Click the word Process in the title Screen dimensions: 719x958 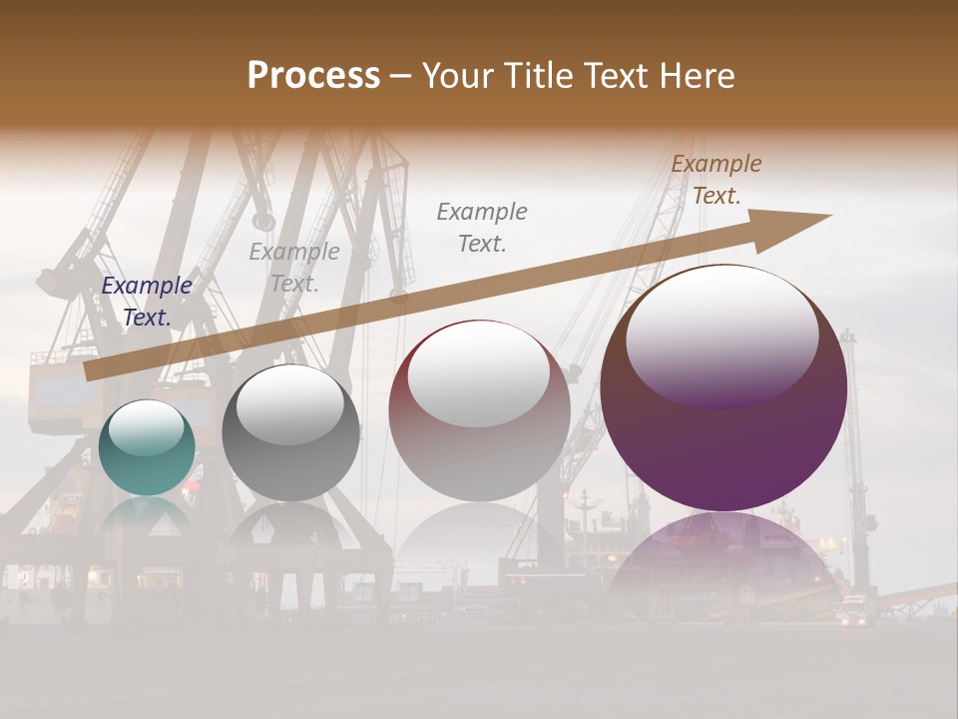tap(313, 76)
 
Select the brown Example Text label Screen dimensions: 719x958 tap(717, 180)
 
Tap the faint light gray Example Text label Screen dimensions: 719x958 tap(294, 268)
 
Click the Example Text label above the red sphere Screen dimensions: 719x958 tap(482, 227)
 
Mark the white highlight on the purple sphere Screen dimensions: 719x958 tap(722, 336)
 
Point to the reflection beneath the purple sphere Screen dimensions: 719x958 tap(723, 559)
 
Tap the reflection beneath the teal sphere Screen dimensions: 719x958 tap(147, 519)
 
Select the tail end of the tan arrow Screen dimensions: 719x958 tap(90, 371)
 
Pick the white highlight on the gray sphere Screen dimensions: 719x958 tap(290, 404)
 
